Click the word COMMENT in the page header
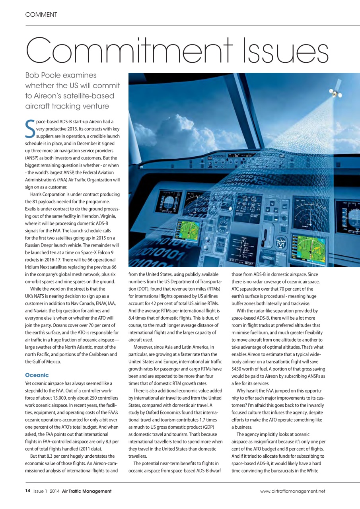click(41, 15)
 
